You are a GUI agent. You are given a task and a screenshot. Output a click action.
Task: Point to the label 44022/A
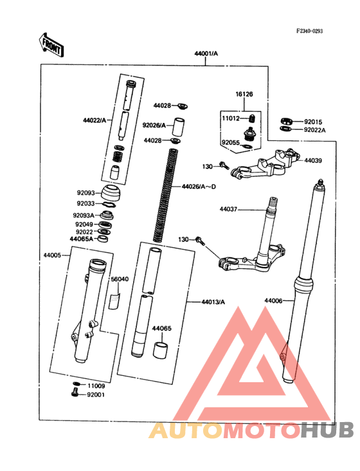(x=94, y=120)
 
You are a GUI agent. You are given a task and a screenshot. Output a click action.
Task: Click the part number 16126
(x=244, y=94)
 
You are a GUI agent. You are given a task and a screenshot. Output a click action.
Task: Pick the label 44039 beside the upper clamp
(x=313, y=160)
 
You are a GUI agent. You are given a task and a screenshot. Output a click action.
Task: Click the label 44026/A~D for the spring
(x=199, y=187)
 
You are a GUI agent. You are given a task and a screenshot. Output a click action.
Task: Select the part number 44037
(x=228, y=209)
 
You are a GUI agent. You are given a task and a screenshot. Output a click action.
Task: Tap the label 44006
(x=274, y=300)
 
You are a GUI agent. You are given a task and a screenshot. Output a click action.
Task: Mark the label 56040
(x=119, y=279)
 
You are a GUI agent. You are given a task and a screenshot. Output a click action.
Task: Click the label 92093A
(x=84, y=215)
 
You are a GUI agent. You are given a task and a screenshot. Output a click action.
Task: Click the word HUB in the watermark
(x=328, y=430)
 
